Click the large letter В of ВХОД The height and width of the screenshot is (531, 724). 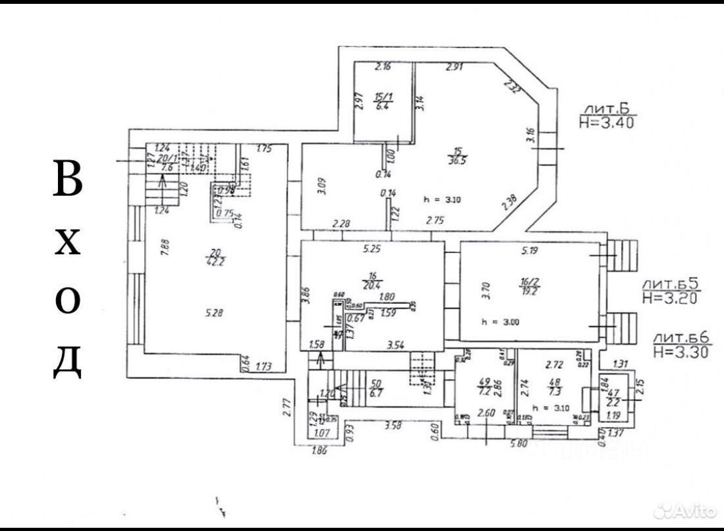(x=68, y=178)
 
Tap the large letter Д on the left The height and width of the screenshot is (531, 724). (x=68, y=362)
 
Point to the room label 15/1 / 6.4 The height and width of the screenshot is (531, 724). (x=380, y=101)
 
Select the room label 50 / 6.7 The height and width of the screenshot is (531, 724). (x=378, y=388)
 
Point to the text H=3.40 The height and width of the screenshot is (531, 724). (x=606, y=122)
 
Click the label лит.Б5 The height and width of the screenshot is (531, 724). (x=669, y=283)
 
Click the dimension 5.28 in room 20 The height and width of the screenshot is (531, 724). (x=214, y=314)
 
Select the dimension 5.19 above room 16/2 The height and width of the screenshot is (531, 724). (x=529, y=251)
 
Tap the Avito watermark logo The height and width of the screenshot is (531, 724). (x=685, y=512)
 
